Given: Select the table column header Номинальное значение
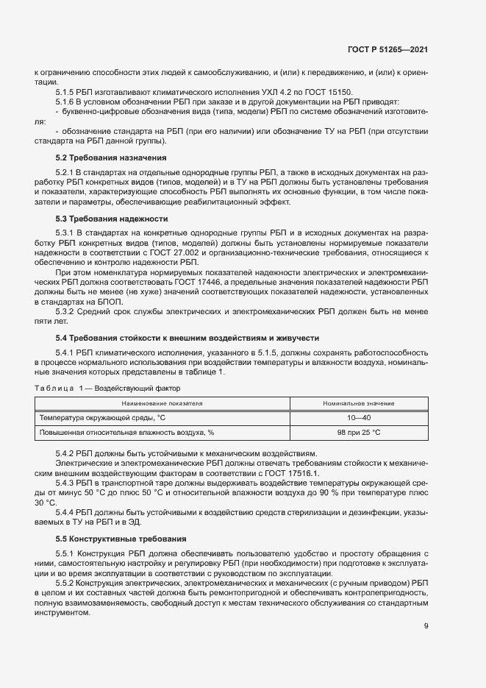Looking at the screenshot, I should pos(359,404).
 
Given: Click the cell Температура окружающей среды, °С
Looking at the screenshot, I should pos(102,418).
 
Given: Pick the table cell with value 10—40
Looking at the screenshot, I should pos(359,418).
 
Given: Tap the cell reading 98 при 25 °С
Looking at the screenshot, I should pos(359,433).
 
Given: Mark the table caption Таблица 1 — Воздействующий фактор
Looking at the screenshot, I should pos(107,388).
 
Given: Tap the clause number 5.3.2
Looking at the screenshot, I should pos(67,311).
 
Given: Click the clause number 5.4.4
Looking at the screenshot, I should pos(67,511).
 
